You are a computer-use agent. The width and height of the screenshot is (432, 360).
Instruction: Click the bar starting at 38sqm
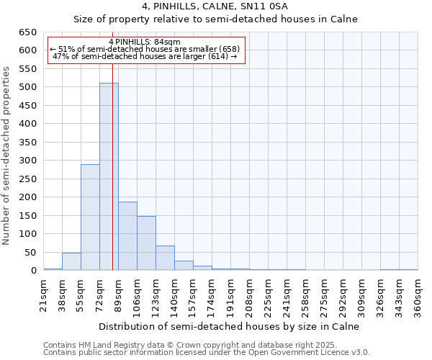coord(71,261)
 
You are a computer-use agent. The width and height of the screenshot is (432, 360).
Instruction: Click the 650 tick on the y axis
coord(29,32)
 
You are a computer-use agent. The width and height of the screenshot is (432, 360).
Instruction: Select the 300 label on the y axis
coord(29,161)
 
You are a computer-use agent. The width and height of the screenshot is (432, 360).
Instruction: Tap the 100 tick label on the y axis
coord(29,234)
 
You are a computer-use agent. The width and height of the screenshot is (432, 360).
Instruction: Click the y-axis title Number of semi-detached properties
coord(7,156)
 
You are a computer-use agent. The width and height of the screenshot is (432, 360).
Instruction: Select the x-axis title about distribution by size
coord(229,326)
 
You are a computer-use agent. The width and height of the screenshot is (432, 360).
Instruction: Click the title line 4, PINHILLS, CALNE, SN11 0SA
coord(215,6)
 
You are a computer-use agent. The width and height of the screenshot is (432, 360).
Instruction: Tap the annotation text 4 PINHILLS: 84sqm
coord(145,42)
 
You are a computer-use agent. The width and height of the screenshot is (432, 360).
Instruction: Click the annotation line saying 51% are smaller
coord(145,49)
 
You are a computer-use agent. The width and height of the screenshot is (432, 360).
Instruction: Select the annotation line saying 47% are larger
coord(145,56)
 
